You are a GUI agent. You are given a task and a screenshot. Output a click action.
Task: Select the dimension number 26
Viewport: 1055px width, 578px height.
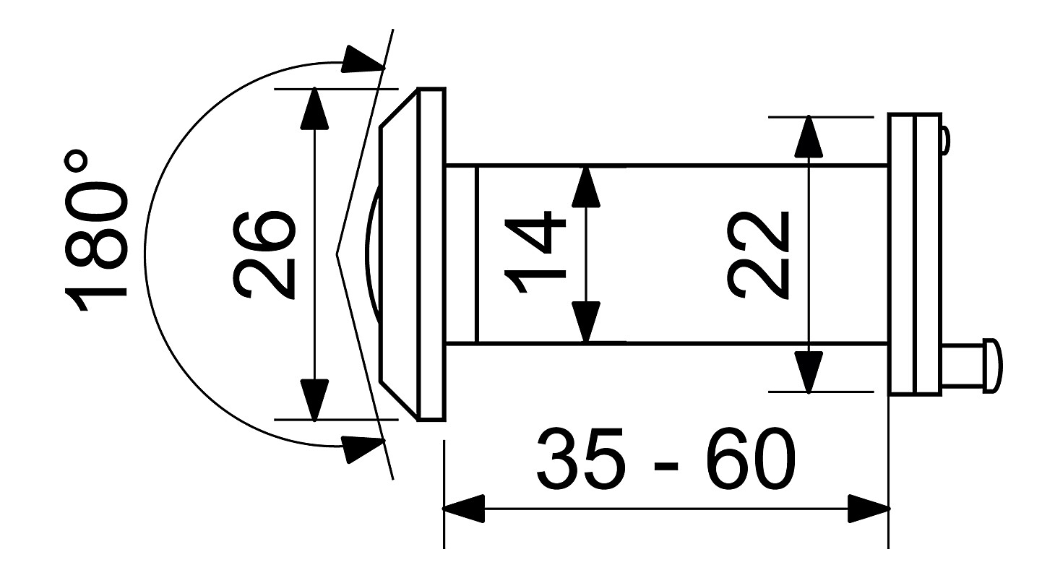264,254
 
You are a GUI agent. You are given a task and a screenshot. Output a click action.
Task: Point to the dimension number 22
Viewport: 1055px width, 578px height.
757,254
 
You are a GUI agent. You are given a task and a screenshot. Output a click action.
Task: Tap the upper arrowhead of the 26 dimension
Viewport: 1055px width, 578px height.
314,108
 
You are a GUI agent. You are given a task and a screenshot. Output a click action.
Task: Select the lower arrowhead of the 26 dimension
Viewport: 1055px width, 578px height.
314,400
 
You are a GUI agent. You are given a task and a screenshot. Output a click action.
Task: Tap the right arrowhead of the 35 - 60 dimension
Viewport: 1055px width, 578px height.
869,509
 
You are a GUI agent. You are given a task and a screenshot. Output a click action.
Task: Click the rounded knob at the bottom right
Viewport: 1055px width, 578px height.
992,366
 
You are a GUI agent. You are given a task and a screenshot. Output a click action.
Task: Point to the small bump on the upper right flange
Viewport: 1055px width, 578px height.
946,140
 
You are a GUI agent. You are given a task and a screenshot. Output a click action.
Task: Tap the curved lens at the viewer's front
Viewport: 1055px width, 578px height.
373,254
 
